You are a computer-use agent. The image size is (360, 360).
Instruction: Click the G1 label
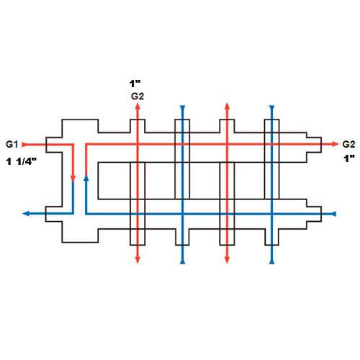[x=12, y=144]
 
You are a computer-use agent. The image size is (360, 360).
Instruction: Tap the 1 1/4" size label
[x=22, y=161]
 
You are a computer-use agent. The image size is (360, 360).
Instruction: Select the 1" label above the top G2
[x=135, y=84]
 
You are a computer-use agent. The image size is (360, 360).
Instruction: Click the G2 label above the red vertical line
[x=138, y=96]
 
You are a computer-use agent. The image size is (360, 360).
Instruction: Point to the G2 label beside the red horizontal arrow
[x=348, y=144]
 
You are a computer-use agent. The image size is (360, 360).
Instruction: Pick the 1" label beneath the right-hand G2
[x=349, y=158]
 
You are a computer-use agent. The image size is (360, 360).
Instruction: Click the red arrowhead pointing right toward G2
[x=335, y=144]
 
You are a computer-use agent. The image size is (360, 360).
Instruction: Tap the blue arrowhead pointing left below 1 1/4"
[x=26, y=213]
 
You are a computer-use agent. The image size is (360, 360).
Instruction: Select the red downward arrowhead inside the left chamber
[x=73, y=179]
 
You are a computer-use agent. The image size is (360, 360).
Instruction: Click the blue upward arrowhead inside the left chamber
[x=86, y=178]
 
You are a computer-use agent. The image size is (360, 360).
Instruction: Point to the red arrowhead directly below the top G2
[x=138, y=107]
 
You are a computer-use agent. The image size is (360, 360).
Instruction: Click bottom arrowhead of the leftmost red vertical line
[x=138, y=261]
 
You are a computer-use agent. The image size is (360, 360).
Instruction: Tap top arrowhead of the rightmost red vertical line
[x=227, y=107]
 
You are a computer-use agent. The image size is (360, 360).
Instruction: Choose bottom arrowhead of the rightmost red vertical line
[x=227, y=261]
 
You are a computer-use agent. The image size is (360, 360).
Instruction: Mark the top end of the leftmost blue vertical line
[x=182, y=107]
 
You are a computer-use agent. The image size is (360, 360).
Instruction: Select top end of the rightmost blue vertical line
[x=271, y=107]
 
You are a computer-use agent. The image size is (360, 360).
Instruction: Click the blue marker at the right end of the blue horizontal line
[x=334, y=214]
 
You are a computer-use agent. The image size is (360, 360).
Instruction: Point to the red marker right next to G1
[x=24, y=145]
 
